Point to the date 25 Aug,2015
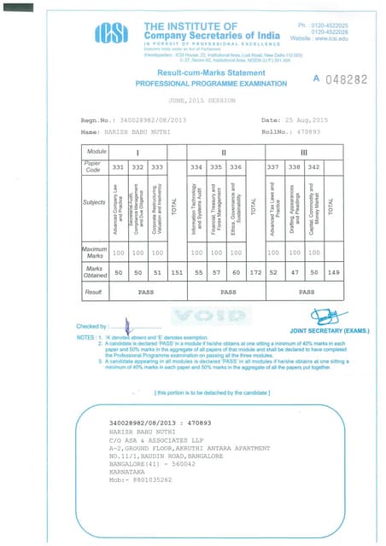click(x=310, y=120)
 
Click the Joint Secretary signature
click(x=325, y=317)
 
